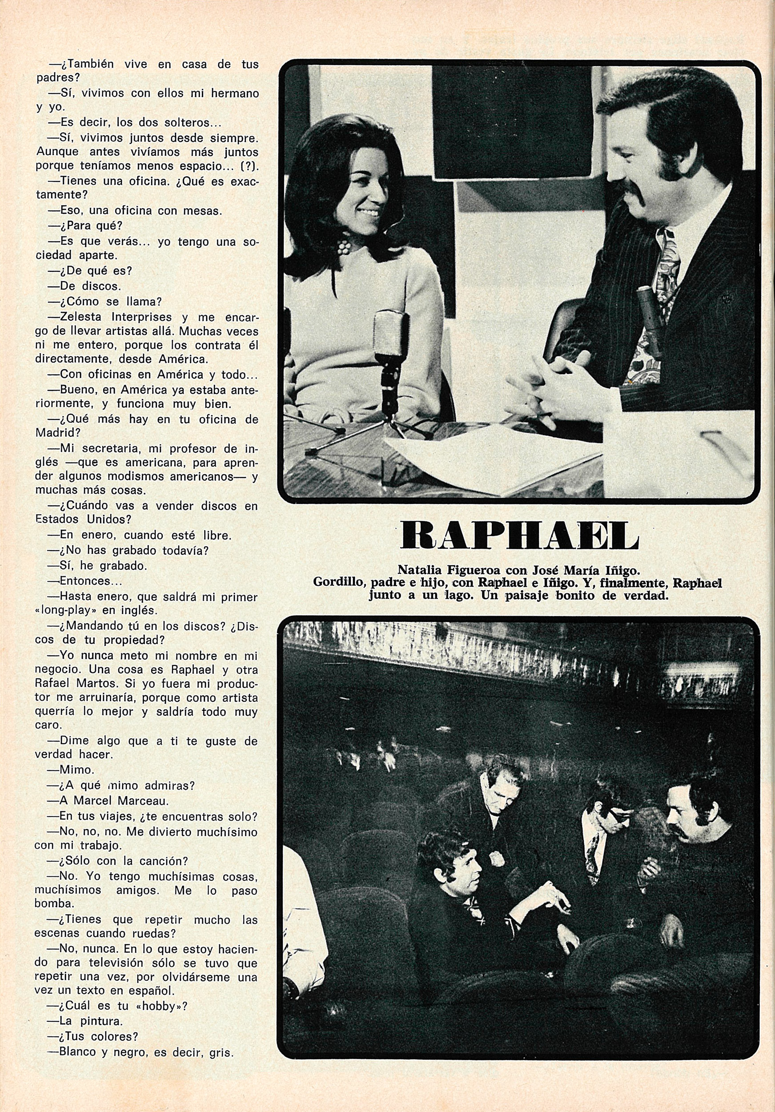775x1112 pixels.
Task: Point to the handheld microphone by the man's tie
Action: pos(649,318)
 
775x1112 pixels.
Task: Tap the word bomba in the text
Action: pos(50,904)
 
